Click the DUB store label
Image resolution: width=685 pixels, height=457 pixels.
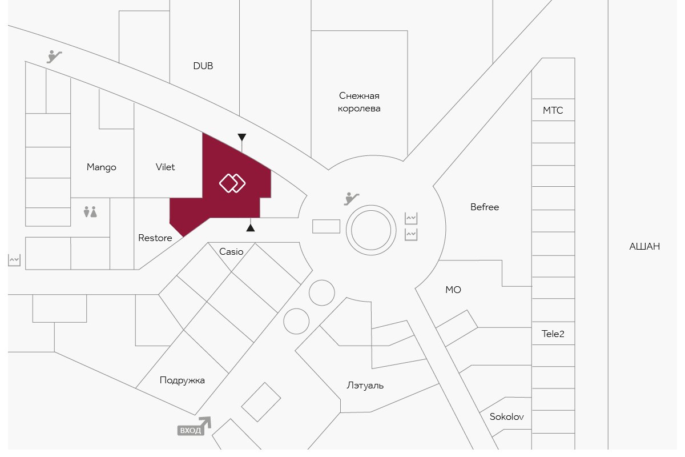[x=203, y=66]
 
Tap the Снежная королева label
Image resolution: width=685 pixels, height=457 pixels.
[x=359, y=102]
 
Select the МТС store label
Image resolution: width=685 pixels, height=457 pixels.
[x=553, y=110]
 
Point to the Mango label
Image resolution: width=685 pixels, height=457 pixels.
[x=102, y=167]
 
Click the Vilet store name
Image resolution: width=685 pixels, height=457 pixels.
[x=166, y=167]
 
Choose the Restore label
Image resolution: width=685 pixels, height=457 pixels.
[x=155, y=238]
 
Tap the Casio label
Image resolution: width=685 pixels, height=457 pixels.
[x=231, y=251]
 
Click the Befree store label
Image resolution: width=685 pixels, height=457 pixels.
[x=485, y=207]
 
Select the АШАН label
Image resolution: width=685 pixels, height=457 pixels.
[x=644, y=247]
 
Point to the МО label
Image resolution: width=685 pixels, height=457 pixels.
[x=453, y=290]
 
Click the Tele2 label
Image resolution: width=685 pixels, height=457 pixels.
[x=553, y=334]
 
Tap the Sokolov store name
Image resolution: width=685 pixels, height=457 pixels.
[x=507, y=417]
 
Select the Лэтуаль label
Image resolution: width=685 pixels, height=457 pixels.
[x=365, y=386]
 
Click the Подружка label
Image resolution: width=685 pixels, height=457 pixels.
[x=182, y=380]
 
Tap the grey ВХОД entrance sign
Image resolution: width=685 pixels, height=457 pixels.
[x=191, y=430]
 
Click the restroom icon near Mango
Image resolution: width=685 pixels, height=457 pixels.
[x=90, y=212]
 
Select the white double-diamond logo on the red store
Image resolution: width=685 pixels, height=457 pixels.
[x=232, y=183]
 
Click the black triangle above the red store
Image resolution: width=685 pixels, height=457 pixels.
[x=242, y=138]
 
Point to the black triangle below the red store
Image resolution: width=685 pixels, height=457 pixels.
[x=250, y=228]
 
